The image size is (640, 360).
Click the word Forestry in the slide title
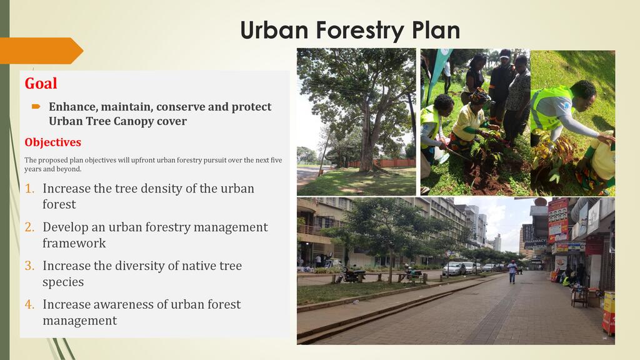pyautogui.click(x=359, y=31)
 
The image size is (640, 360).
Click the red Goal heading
pyautogui.click(x=41, y=83)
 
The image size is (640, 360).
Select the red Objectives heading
pyautogui.click(x=52, y=142)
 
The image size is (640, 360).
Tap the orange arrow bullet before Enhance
pyautogui.click(x=36, y=106)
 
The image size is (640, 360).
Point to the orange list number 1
pyautogui.click(x=29, y=189)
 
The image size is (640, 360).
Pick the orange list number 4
pyautogui.click(x=29, y=304)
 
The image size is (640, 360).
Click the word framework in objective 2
pyautogui.click(x=74, y=243)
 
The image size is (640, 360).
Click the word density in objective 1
pyautogui.click(x=155, y=189)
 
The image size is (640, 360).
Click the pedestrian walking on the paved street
pyautogui.click(x=512, y=272)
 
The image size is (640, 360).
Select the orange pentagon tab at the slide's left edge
pyautogui.click(x=41, y=51)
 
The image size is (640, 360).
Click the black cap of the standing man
pyautogui.click(x=505, y=54)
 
